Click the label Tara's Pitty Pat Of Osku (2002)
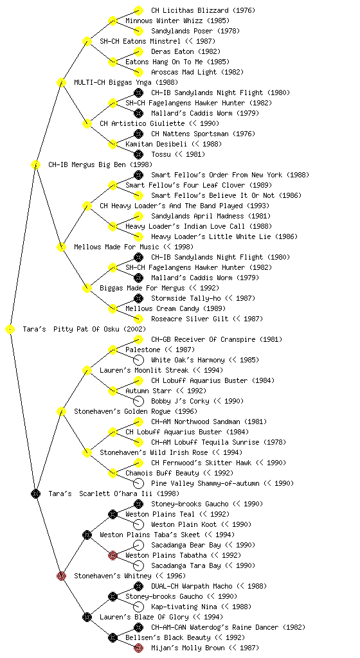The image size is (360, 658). click(x=84, y=329)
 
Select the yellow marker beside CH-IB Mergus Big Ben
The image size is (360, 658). click(x=35, y=164)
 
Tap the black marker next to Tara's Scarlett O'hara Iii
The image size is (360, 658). click(x=35, y=493)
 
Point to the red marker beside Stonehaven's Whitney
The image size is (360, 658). click(x=61, y=576)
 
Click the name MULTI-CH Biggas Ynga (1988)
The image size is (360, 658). click(x=126, y=82)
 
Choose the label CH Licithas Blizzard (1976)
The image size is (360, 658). click(x=203, y=10)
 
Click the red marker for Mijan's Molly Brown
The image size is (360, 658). click(x=138, y=648)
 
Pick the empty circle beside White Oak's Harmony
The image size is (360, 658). click(x=138, y=360)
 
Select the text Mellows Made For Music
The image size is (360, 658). click(x=116, y=247)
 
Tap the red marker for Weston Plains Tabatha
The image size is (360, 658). click(x=113, y=555)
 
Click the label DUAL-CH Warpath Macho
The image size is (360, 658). click(x=192, y=586)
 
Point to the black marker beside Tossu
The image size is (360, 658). click(x=138, y=154)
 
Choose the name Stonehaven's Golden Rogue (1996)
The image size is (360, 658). click(x=136, y=411)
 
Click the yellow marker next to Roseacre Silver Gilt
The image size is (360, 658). click(x=138, y=319)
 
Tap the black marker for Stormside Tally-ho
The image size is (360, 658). click(x=138, y=298)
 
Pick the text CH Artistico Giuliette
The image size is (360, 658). click(x=142, y=123)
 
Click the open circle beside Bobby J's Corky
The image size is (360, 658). click(x=138, y=401)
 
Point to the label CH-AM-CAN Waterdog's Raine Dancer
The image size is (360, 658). click(x=215, y=627)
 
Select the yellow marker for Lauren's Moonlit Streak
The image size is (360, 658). click(x=87, y=370)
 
